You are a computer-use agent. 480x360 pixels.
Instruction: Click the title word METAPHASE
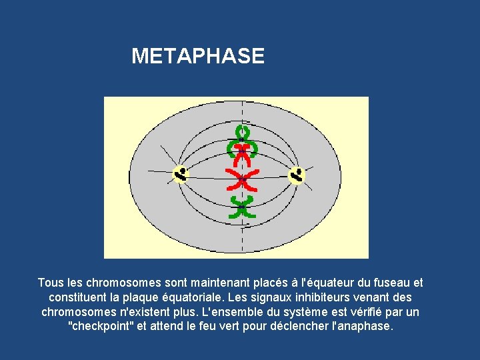pos(198,56)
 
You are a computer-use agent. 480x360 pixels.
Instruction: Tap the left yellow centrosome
pos(181,174)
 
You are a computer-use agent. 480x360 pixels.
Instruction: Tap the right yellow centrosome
pos(296,175)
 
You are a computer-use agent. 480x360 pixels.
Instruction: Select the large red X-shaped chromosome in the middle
pos(241,179)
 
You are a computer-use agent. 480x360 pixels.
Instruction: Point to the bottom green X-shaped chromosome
pos(242,207)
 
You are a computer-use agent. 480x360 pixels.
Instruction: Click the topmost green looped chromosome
pos(243,132)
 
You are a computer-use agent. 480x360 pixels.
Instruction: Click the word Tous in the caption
pos(51,283)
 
